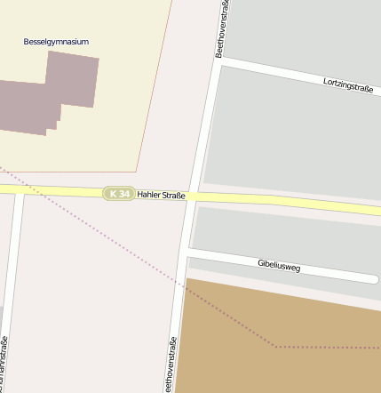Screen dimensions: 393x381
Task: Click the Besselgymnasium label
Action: (56, 42)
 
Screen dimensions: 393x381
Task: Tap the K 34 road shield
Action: (119, 194)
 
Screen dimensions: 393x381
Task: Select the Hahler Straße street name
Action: (161, 195)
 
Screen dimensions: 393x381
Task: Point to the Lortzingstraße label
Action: (347, 86)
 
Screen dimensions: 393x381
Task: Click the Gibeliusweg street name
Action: (279, 265)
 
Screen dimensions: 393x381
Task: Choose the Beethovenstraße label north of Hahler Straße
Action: (223, 29)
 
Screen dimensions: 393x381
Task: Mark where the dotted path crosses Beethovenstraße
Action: (182, 285)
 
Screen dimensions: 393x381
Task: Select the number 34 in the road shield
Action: (125, 194)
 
